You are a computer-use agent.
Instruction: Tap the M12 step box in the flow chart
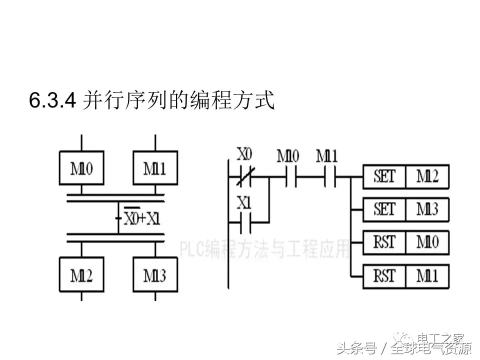(81, 275)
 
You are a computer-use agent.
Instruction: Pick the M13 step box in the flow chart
(155, 275)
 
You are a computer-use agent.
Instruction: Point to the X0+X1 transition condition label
(142, 218)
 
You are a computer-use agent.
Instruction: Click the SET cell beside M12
(384, 176)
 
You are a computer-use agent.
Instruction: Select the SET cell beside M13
(384, 208)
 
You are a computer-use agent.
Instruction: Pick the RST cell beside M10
(384, 242)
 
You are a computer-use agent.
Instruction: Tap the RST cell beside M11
(384, 275)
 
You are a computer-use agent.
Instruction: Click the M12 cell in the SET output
(427, 176)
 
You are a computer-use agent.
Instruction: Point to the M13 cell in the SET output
(427, 208)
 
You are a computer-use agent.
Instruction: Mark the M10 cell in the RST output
(427, 242)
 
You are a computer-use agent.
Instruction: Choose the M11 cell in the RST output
(427, 275)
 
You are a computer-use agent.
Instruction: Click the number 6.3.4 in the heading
(52, 101)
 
